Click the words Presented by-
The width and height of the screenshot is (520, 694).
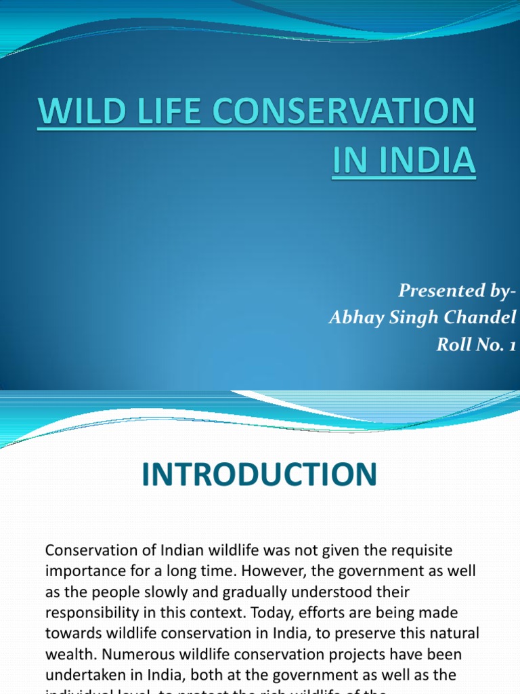click(x=457, y=291)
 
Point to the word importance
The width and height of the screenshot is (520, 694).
click(x=82, y=571)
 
